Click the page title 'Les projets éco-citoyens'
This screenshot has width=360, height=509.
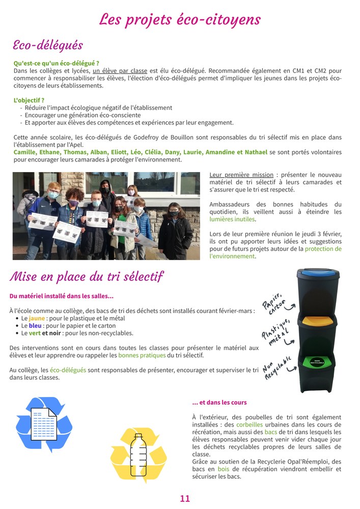coord(180,19)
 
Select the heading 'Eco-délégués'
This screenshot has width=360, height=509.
coord(47,45)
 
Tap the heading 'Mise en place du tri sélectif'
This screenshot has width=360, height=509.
coord(86,276)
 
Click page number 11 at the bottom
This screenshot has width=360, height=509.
coord(185,498)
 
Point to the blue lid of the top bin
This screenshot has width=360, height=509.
coord(318,275)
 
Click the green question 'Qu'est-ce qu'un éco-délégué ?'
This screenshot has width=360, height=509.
coord(56,63)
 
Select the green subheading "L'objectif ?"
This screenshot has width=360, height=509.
coord(29,100)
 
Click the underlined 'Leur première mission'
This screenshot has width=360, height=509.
coord(241,175)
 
